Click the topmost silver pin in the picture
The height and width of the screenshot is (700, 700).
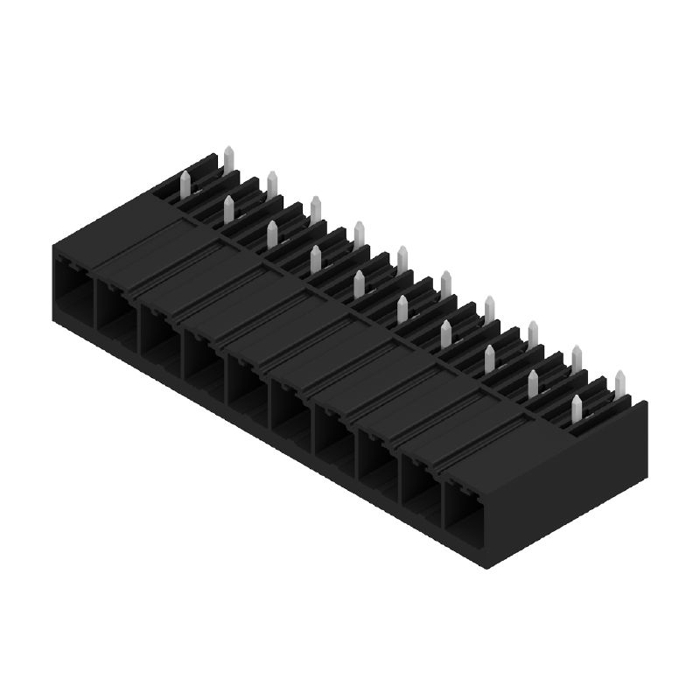coord(228,158)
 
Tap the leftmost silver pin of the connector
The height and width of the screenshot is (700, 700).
coord(185,184)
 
